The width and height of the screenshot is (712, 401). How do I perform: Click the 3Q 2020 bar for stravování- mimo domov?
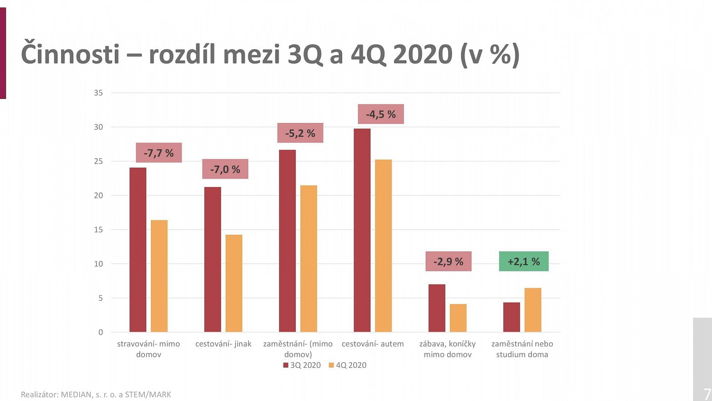[x=138, y=250]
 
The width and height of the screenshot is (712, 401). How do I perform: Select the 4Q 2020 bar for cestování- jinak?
[x=234, y=283]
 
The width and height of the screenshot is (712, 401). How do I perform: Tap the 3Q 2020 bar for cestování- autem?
[x=362, y=230]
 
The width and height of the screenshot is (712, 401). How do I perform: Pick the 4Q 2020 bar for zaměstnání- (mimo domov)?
[x=308, y=258]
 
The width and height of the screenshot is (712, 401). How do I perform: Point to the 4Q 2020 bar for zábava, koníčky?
[x=458, y=318]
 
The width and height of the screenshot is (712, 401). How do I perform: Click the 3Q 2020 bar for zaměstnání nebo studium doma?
[x=511, y=317]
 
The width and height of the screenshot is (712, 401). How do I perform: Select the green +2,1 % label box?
[x=523, y=262]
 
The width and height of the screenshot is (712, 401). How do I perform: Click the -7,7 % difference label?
[x=159, y=153]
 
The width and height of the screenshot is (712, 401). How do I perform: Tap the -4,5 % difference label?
[x=381, y=114]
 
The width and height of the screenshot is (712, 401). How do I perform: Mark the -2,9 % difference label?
[x=449, y=262]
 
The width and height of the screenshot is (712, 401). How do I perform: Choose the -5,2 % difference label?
[x=300, y=133]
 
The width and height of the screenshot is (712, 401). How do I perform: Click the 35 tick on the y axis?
[x=98, y=93]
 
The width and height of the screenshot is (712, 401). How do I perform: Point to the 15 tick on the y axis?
[x=98, y=229]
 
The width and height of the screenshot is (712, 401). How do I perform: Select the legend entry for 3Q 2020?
[x=302, y=365]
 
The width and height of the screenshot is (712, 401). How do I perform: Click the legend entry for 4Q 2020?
[x=348, y=365]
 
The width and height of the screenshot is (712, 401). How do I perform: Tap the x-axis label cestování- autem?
[x=372, y=344]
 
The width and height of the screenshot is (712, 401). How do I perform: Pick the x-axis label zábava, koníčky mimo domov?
[x=447, y=349]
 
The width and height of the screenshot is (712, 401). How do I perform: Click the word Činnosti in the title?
[x=70, y=54]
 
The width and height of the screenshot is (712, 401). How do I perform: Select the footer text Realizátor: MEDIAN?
[x=96, y=394]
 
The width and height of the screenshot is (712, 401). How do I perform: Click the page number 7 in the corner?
[x=706, y=394]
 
